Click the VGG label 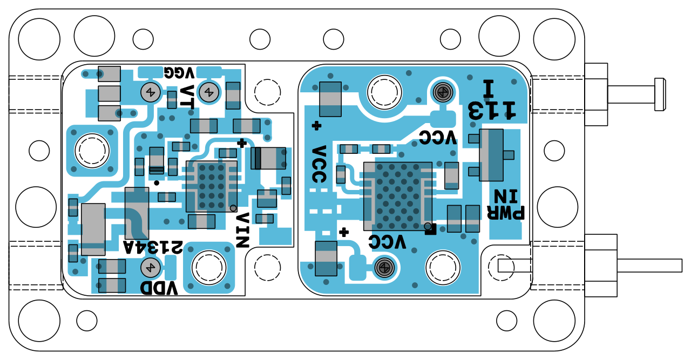coord(179,72)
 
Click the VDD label coord(159,288)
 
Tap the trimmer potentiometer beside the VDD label coord(150,267)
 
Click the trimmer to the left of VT coord(150,93)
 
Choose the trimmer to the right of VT coord(208,92)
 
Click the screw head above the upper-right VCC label coord(443,92)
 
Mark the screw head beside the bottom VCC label coord(383,267)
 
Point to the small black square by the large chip coord(431,231)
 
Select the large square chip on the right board coord(398,196)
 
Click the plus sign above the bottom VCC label coord(343,233)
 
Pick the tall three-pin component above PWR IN coord(491,155)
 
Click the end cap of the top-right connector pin coord(660,94)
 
